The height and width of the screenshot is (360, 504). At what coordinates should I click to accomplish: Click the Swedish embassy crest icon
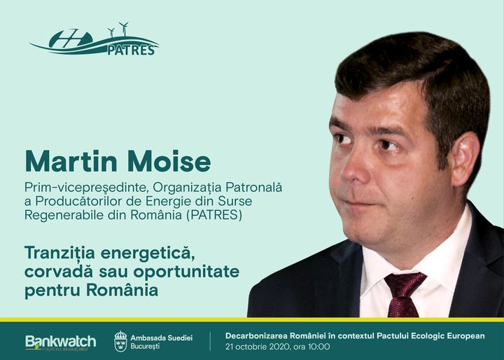point(120,341)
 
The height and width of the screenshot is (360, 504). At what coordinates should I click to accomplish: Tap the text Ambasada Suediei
point(162,337)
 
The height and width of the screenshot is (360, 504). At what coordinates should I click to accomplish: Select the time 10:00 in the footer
point(319,347)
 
